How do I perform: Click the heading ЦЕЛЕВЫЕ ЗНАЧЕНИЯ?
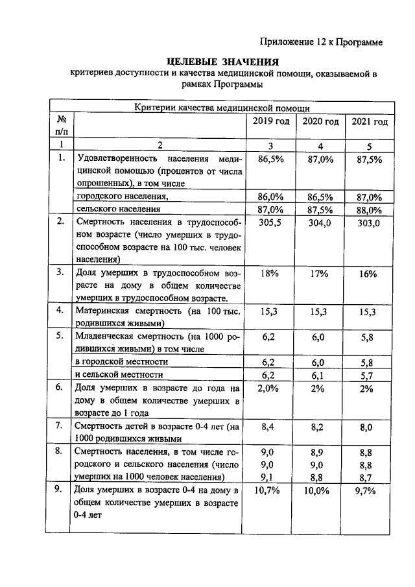[x=222, y=62]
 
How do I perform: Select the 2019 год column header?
[x=270, y=123]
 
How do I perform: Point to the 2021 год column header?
[x=369, y=123]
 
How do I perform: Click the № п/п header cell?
[x=62, y=125]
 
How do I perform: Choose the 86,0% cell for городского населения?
[x=270, y=197]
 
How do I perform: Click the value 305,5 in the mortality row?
[x=270, y=223]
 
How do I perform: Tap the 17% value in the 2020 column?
[x=320, y=274]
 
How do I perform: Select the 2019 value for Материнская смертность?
[x=270, y=312]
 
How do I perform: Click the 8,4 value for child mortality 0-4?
[x=270, y=427]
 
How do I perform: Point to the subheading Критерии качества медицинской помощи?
[x=222, y=108]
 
